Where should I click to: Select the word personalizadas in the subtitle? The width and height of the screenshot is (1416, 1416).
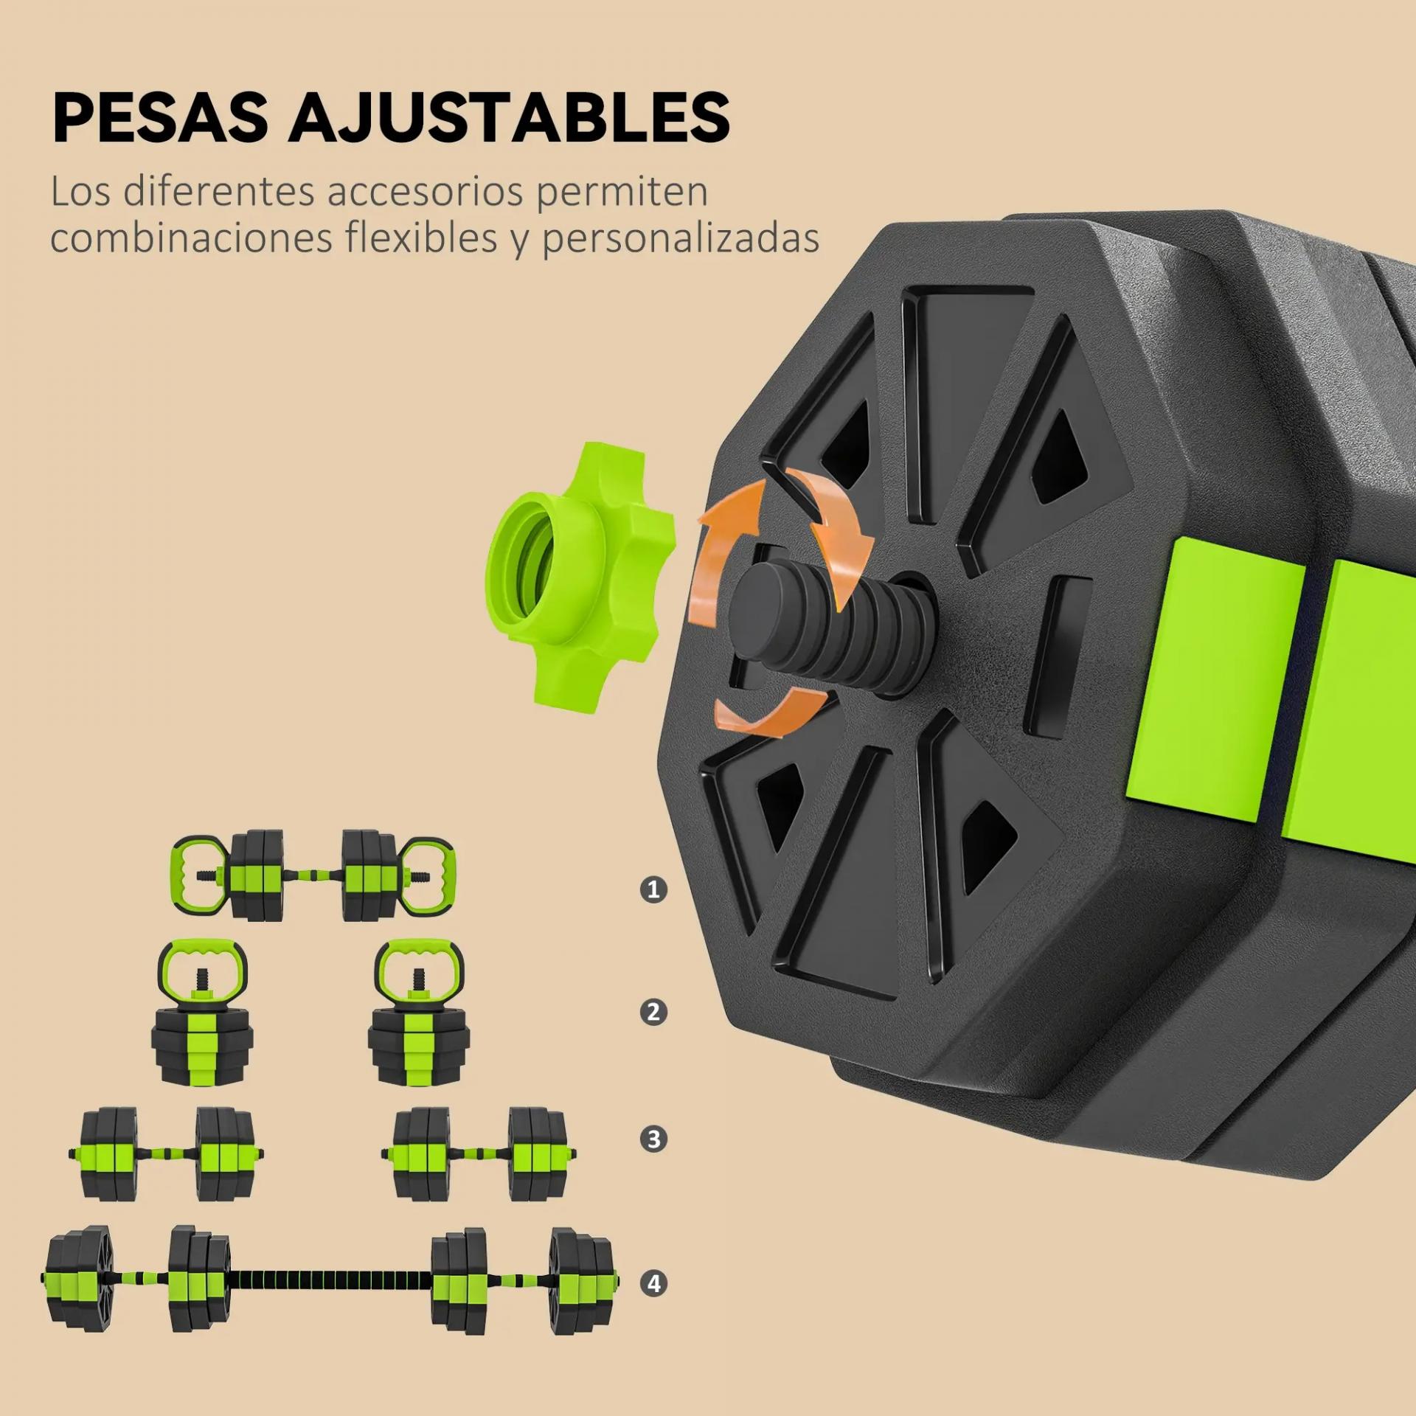[681, 240]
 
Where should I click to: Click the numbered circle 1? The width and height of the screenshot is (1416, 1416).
[653, 889]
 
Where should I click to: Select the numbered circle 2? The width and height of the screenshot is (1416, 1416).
[653, 1013]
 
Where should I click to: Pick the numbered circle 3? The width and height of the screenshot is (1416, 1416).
[653, 1139]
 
